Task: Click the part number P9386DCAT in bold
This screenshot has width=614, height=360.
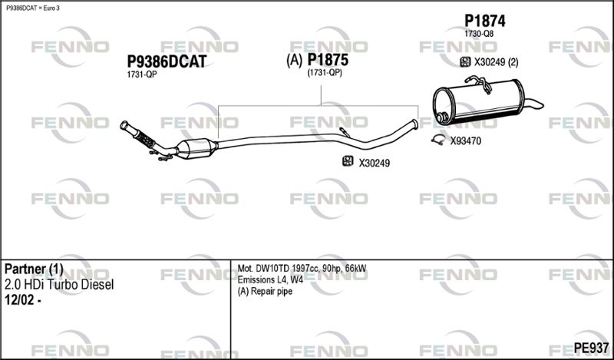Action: coord(167,62)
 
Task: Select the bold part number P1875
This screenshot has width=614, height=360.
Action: coord(328,60)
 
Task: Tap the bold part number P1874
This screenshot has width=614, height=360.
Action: coord(485,21)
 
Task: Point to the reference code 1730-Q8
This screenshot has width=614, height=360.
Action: coord(479,34)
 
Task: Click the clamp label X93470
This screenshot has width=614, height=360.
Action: coord(466,141)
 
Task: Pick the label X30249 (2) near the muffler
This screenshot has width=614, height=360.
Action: coord(496,62)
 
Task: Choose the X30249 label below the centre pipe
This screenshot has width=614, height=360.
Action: coord(375,163)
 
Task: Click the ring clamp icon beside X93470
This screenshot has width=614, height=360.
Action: coord(438,140)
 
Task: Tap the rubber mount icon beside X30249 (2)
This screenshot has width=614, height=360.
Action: coord(465,62)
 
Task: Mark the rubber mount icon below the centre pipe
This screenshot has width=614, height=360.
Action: coord(348,161)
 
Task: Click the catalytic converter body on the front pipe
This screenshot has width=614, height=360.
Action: coord(196,148)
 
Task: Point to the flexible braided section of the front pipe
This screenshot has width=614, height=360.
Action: coord(144,138)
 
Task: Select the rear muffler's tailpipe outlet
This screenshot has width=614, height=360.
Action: coord(533,104)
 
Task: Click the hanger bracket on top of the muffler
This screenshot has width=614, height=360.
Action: coord(479,84)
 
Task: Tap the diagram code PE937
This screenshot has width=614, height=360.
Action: coord(591,348)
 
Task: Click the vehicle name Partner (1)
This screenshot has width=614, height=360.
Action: coord(34,269)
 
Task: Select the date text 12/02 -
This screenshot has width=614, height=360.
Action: coord(23,300)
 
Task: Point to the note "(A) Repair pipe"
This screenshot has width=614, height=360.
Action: coord(265,292)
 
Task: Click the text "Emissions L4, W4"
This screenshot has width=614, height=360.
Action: coord(271,280)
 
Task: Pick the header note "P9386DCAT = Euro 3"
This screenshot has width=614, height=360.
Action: coord(33,8)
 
